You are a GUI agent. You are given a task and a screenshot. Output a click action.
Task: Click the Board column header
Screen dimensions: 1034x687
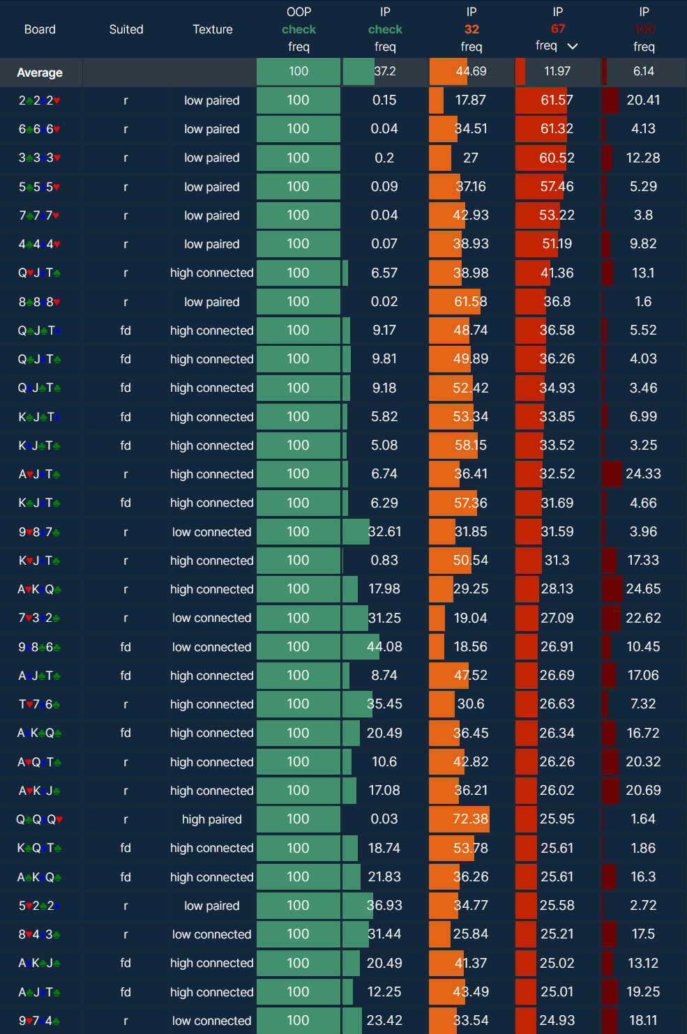[x=40, y=29]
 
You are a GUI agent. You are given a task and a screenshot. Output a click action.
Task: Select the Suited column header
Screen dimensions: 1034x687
[x=126, y=29]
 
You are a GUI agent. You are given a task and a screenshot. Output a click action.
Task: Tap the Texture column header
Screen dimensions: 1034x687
[x=213, y=29]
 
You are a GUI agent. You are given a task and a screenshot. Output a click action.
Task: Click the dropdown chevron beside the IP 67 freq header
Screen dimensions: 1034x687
[x=573, y=46]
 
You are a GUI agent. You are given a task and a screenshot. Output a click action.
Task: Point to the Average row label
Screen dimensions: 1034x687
[x=40, y=73]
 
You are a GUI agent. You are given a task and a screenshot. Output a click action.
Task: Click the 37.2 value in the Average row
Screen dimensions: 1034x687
[x=385, y=71]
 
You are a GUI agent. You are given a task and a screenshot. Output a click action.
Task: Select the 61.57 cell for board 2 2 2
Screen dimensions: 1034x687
[x=557, y=100]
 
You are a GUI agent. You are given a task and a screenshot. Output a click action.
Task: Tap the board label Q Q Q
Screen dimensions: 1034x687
[x=40, y=819]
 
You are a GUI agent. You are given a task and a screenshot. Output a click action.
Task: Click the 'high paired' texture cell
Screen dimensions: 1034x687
[x=212, y=819]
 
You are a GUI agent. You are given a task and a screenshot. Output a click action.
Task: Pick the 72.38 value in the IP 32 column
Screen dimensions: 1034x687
[x=471, y=819]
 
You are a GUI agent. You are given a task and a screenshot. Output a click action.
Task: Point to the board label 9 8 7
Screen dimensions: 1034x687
[x=40, y=532]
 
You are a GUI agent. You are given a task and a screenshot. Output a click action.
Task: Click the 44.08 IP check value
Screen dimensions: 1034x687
[x=384, y=646]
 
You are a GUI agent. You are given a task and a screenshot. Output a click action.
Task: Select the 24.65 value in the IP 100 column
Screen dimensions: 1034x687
[x=643, y=589]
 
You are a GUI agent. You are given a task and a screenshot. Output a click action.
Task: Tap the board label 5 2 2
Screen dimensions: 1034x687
[x=40, y=906]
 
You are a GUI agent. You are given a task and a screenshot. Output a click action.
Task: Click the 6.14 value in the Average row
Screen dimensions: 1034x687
[x=644, y=71]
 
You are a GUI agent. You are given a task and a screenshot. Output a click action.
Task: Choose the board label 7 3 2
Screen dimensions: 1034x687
[x=40, y=618]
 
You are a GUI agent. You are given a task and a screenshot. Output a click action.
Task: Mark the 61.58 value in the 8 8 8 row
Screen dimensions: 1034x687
[x=471, y=302]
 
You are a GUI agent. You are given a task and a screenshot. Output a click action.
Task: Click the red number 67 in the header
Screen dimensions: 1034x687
[x=558, y=29]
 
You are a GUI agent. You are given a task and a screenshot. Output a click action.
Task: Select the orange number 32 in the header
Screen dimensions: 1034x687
[x=471, y=29]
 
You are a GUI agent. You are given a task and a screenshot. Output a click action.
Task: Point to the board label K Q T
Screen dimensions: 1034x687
[x=40, y=848]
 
